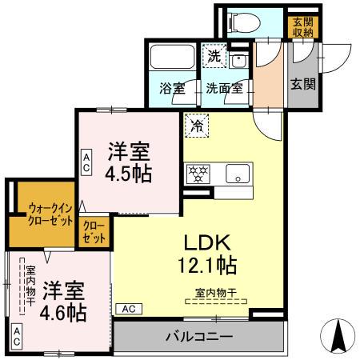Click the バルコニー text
coord(199,336)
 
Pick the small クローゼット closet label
coord(94,233)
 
